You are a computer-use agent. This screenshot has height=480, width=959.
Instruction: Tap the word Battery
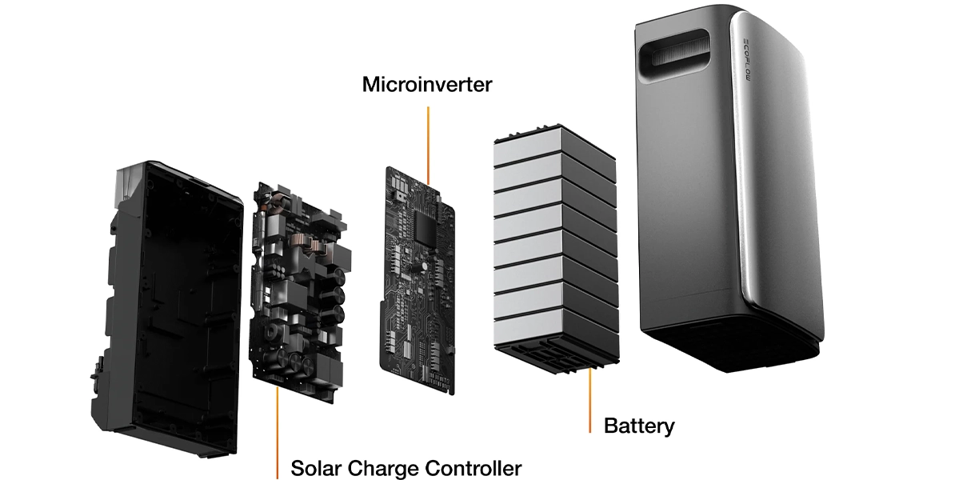(639, 426)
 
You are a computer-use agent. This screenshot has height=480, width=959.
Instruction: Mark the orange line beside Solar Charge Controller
(278, 432)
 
